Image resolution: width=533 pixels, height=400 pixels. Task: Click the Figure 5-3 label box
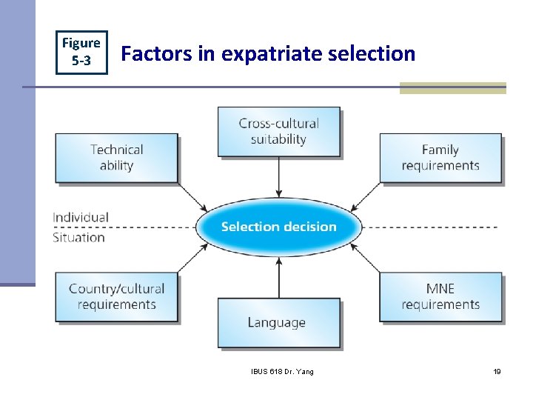[x=81, y=52]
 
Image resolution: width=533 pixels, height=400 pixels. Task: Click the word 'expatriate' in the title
[x=264, y=54]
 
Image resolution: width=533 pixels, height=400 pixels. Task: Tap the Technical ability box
[x=116, y=158]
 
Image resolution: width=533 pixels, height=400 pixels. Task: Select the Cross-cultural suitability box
[x=278, y=131]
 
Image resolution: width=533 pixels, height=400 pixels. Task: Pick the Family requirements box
[x=440, y=158]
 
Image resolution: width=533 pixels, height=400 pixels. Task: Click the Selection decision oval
[x=278, y=227]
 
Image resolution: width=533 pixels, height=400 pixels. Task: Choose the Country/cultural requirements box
[x=116, y=296]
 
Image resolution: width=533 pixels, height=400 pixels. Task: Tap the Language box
[x=278, y=322]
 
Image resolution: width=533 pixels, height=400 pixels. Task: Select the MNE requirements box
[x=440, y=296]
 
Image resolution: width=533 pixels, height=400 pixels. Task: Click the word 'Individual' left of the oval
[x=80, y=217]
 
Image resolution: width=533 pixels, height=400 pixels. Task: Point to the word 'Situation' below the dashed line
[x=78, y=238]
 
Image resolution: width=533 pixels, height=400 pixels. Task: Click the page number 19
[x=497, y=371]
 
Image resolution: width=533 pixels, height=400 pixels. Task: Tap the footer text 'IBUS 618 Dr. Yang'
[x=282, y=371]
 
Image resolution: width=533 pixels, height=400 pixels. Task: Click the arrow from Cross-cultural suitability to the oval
[x=278, y=176]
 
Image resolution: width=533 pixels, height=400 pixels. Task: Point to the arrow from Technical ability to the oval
[x=192, y=196]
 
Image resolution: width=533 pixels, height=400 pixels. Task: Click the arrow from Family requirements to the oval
[x=366, y=196]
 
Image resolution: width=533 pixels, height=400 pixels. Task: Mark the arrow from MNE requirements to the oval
[x=366, y=257]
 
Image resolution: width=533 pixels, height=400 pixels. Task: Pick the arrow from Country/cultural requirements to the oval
[x=192, y=257]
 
